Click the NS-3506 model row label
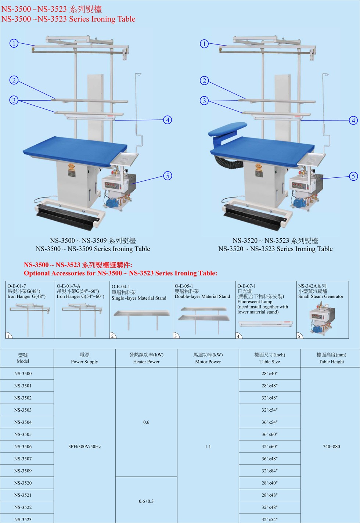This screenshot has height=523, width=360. [x=23, y=447]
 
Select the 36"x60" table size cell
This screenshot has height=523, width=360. [x=270, y=434]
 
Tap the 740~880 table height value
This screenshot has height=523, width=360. [x=331, y=447]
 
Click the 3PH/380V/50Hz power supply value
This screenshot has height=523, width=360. [x=84, y=447]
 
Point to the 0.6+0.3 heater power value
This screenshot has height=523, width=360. [x=146, y=501]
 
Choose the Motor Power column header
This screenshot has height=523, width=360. [x=208, y=358]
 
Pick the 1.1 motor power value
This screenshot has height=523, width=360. [x=208, y=447]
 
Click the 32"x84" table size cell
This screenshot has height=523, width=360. [x=270, y=471]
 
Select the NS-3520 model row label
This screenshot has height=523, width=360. [x=23, y=483]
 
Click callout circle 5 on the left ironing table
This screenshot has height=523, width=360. [x=168, y=176]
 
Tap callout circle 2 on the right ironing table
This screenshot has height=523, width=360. [x=204, y=80]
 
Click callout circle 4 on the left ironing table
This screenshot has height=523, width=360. [x=168, y=120]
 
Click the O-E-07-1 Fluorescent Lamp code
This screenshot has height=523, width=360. [x=246, y=286]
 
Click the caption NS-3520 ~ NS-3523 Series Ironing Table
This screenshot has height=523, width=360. [x=276, y=249]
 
